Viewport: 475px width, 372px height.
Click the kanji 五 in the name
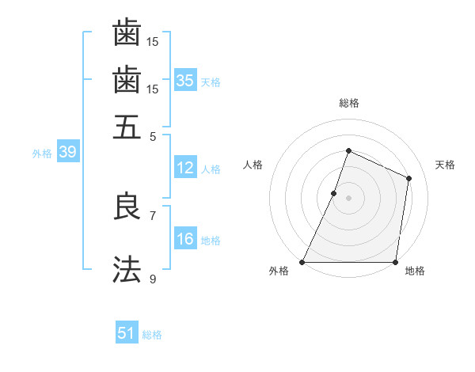tap(127, 127)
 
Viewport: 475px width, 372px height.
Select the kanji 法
tap(127, 269)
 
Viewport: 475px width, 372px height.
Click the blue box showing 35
tap(185, 81)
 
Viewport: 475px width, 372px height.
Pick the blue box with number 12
tap(185, 168)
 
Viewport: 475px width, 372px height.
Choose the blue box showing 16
tap(185, 239)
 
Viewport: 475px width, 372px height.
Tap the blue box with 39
tap(67, 153)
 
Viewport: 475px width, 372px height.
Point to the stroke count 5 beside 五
tap(154, 137)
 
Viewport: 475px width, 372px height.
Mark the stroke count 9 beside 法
tap(153, 279)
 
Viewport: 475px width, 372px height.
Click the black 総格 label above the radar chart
tap(348, 103)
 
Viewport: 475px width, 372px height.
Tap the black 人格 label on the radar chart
tap(253, 165)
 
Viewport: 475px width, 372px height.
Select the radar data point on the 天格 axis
tap(409, 178)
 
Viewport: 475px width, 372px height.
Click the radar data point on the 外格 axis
tap(302, 262)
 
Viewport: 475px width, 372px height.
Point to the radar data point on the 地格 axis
tap(395, 262)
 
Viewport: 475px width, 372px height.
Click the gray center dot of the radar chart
tap(348, 198)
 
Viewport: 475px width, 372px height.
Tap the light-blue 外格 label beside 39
tap(42, 154)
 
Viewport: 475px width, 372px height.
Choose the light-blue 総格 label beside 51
tap(152, 335)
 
